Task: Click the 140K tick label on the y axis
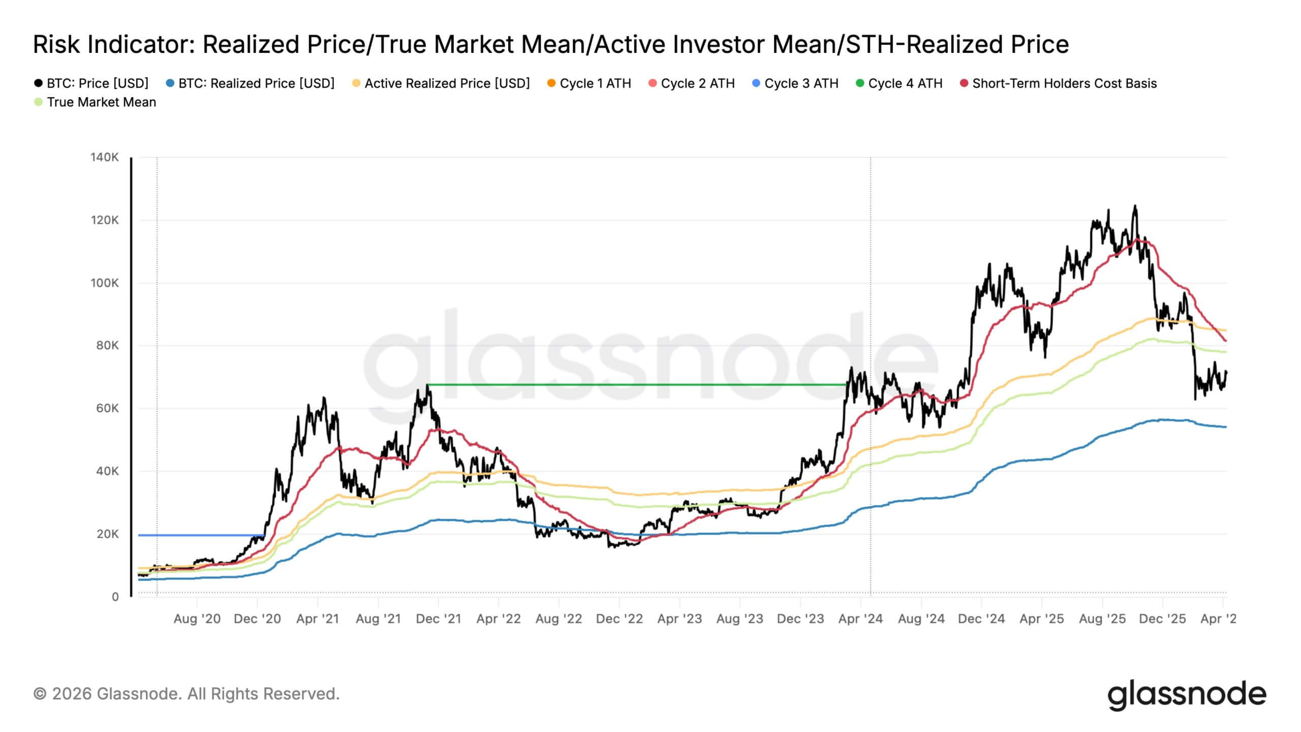(x=105, y=158)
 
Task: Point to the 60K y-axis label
(x=107, y=408)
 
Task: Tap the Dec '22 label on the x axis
(x=619, y=619)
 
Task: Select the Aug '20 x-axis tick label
(x=197, y=619)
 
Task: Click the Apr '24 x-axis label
(x=860, y=619)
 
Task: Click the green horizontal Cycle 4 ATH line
(x=635, y=384)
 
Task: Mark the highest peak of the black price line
(x=1135, y=206)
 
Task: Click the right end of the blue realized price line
(x=1225, y=427)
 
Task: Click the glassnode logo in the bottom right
(x=1187, y=694)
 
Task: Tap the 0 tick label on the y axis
(x=115, y=597)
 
